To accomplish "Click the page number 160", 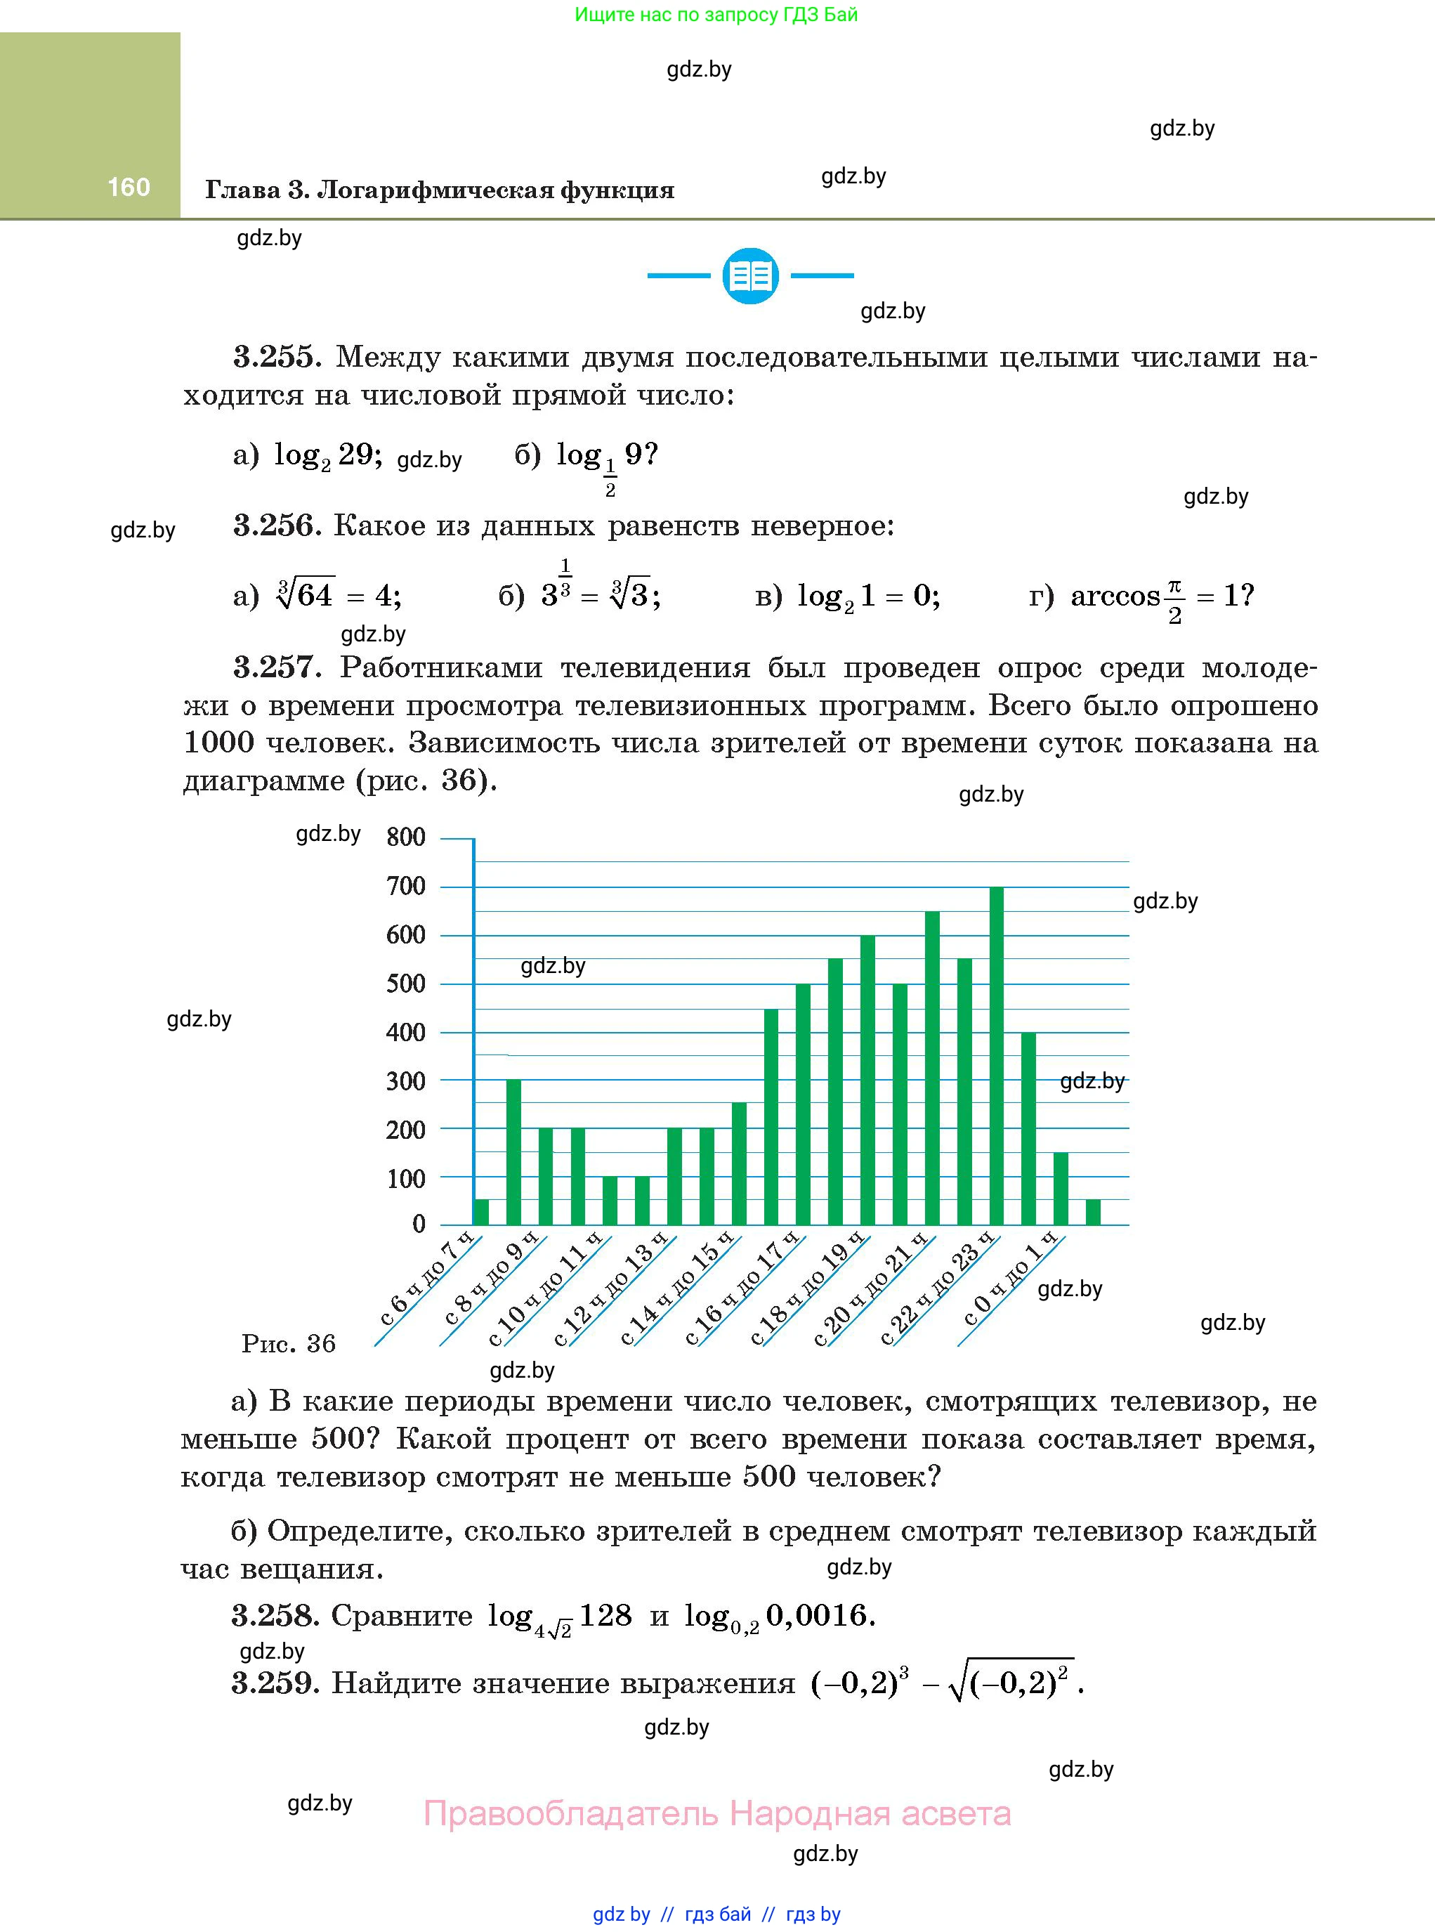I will (129, 187).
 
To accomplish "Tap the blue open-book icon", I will (750, 276).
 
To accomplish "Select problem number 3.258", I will (275, 1615).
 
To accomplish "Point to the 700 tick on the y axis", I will (406, 886).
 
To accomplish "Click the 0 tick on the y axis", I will (419, 1224).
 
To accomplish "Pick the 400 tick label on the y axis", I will (406, 1032).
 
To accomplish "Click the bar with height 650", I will (932, 1069).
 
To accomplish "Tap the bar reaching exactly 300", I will (513, 1152).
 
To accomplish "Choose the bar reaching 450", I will (771, 1116).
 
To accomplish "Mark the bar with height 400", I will (1028, 1128).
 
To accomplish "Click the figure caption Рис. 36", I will (289, 1344).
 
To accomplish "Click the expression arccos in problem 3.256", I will (1115, 596).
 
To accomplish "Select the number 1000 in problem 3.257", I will (219, 743).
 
